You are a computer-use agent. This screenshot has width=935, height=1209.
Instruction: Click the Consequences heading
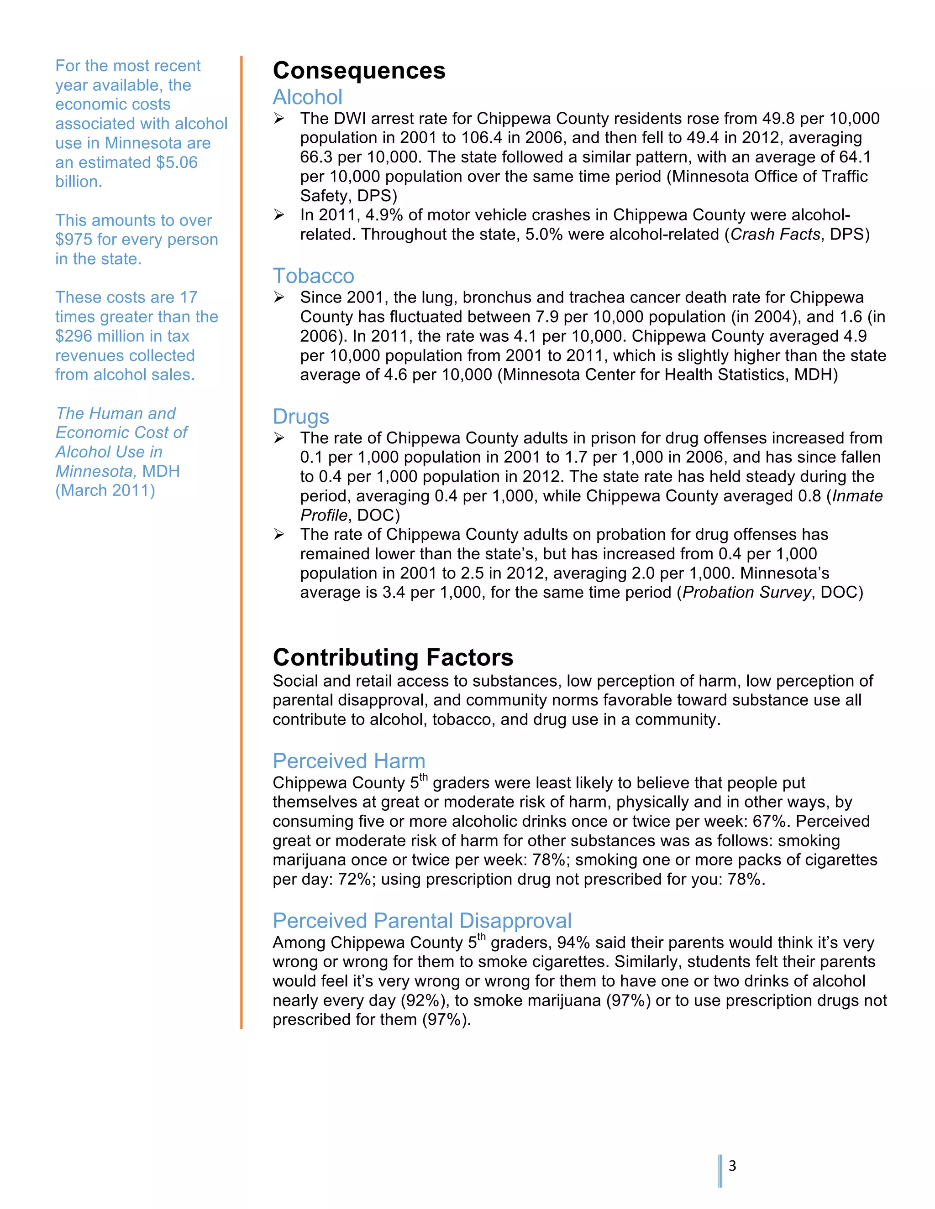coord(358,71)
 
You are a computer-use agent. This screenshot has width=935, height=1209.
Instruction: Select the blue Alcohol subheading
coord(307,98)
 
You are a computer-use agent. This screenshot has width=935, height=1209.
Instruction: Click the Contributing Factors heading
coord(393,657)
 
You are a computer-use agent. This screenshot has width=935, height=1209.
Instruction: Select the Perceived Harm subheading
coord(349,761)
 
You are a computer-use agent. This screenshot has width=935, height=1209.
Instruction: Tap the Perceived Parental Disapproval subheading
coord(421,921)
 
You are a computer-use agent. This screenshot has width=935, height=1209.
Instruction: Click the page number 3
coord(732,1167)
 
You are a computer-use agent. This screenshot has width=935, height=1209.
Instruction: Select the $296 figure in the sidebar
coord(74,336)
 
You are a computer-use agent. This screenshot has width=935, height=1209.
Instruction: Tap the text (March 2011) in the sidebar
coord(105,490)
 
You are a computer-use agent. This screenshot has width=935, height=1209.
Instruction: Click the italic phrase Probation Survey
coord(746,592)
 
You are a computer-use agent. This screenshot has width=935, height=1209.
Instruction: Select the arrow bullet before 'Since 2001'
coord(279,298)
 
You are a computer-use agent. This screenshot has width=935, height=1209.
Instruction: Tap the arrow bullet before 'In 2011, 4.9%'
coord(279,215)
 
